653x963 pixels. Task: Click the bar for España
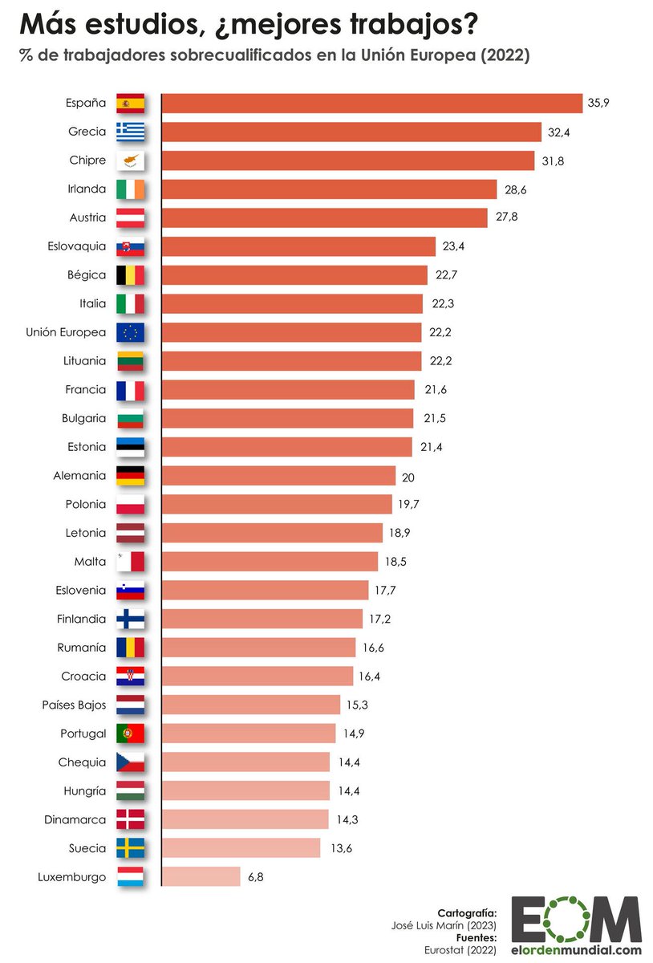coord(372,104)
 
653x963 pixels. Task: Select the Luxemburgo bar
coord(201,876)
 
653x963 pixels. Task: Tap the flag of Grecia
coord(130,132)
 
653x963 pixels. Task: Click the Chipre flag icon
coord(130,160)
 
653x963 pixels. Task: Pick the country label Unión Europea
coord(66,332)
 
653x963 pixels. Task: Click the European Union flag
coord(130,332)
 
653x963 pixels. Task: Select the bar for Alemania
coord(278,476)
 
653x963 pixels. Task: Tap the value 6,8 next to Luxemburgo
coord(256,877)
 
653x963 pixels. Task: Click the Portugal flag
coord(130,733)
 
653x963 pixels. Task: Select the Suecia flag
coord(130,848)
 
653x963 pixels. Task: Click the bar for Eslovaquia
coord(298,246)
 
